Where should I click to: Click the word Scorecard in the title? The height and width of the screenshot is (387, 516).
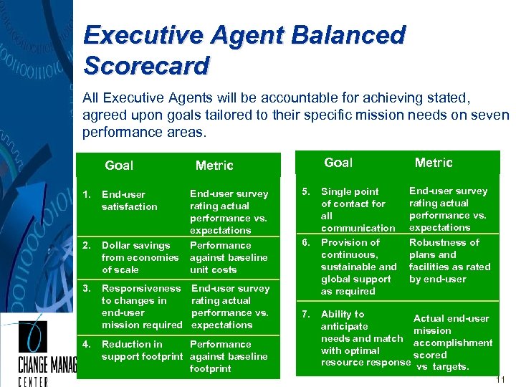click(146, 65)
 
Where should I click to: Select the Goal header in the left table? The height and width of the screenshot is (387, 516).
click(119, 166)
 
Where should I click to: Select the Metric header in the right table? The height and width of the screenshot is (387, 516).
click(434, 163)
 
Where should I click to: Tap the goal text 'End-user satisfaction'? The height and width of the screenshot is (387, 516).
click(129, 201)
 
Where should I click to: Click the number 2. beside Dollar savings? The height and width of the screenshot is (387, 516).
click(86, 245)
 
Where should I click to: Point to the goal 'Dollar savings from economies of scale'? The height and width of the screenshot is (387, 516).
click(140, 257)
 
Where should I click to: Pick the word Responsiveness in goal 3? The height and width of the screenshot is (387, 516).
click(141, 288)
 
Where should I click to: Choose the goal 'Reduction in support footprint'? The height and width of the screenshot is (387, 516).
click(142, 350)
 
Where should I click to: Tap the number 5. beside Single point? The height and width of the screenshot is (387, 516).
click(305, 191)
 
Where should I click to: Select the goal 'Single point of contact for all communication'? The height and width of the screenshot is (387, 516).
click(357, 209)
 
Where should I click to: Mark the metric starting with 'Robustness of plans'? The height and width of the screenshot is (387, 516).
click(449, 260)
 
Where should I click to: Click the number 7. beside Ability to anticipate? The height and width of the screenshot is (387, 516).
click(305, 314)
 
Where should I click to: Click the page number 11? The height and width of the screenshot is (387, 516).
click(501, 379)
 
